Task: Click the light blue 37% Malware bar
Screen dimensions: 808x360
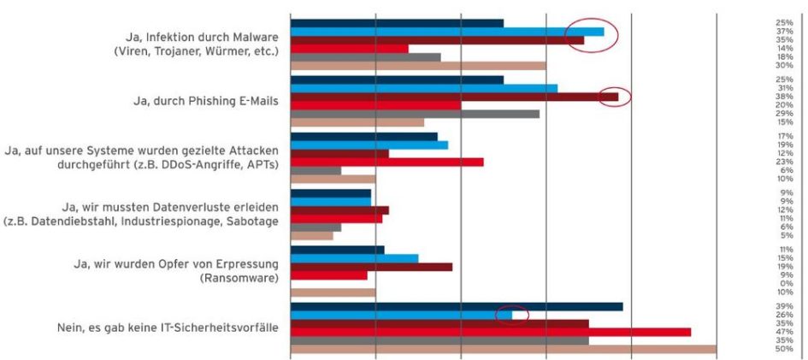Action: click(447, 32)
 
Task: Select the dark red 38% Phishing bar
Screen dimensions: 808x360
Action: click(455, 97)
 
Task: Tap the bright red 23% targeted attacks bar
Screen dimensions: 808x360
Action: click(387, 162)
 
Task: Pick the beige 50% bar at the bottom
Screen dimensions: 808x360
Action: click(504, 349)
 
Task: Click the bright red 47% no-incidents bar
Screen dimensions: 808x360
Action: click(491, 332)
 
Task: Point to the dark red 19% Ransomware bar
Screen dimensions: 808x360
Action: click(372, 267)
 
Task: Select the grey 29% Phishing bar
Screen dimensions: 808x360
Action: click(416, 114)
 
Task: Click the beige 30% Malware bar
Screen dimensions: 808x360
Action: click(418, 65)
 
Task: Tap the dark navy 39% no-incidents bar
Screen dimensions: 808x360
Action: click(457, 306)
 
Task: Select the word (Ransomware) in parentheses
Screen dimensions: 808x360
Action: click(239, 278)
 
